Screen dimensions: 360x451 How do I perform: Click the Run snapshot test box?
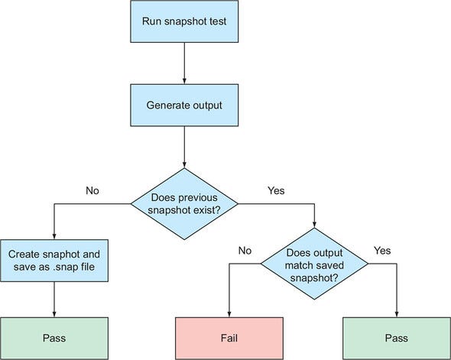click(x=184, y=21)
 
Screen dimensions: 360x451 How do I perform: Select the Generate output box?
click(x=184, y=105)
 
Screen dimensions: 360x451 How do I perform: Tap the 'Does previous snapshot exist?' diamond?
click(x=184, y=203)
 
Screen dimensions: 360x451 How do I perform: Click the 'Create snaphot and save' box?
click(x=54, y=260)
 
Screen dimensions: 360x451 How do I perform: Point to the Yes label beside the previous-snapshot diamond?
click(x=275, y=190)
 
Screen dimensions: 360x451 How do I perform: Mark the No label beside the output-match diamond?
click(x=245, y=249)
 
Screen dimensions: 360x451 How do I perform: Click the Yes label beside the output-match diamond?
click(x=383, y=249)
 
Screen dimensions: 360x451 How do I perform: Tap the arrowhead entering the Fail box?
click(x=230, y=313)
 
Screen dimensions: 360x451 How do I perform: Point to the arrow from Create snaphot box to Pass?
click(x=54, y=298)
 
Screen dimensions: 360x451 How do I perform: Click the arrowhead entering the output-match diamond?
click(x=314, y=224)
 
